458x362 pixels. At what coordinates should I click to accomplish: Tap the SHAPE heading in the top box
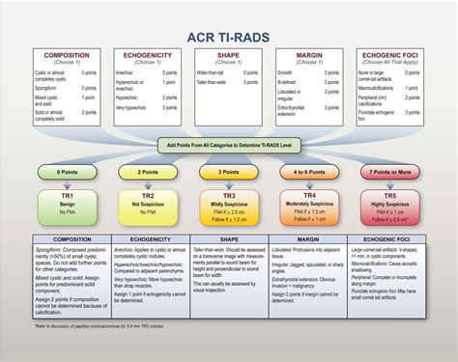[x=227, y=56]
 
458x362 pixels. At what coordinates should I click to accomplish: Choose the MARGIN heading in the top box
[x=309, y=56]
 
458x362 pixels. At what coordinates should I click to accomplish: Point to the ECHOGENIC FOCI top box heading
[x=391, y=56]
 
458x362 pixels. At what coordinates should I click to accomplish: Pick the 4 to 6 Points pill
[x=309, y=171]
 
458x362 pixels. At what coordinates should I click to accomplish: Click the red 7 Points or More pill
[x=391, y=171]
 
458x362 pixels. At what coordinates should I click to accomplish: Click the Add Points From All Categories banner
[x=229, y=143]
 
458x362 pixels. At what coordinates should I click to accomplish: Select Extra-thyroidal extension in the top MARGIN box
[x=294, y=109]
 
